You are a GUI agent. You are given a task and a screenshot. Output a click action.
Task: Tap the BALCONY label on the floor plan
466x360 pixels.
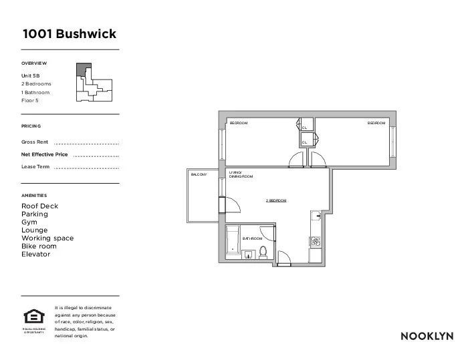point(199,174)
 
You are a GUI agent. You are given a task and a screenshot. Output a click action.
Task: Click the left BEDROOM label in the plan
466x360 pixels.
point(239,124)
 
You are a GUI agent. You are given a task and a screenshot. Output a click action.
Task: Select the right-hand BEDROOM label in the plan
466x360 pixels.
point(376,124)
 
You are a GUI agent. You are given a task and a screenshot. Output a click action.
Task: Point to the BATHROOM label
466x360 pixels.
point(251,238)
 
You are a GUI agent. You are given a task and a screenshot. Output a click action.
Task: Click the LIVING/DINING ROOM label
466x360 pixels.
point(241,174)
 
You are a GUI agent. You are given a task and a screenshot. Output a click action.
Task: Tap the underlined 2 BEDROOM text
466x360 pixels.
point(276,200)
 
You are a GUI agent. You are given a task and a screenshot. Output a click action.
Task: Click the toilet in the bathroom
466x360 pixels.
point(263,252)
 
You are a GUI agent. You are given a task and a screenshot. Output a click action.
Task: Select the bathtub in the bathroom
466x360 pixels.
point(233,242)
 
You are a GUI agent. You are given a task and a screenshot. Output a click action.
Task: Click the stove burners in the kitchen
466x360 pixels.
point(315,240)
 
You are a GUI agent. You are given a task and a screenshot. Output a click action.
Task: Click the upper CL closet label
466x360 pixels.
point(304,128)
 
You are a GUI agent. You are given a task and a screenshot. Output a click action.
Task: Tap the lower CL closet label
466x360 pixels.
point(304,142)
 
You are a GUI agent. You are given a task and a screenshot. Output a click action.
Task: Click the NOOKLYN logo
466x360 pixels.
point(427,336)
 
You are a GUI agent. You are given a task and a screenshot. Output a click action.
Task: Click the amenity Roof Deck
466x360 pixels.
point(40,206)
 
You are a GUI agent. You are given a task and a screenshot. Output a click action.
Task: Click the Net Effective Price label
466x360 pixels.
point(45,154)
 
